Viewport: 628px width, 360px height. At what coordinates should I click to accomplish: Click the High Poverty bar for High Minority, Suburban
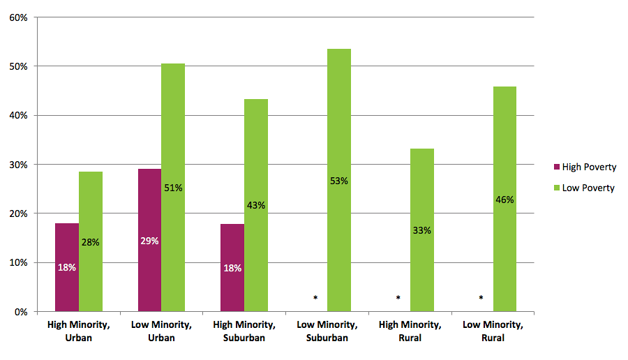click(232, 268)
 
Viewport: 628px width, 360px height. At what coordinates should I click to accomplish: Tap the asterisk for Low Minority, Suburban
click(315, 298)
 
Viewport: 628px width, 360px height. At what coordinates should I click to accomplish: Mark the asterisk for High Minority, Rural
click(398, 298)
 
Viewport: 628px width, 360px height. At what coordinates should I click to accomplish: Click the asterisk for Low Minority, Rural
click(481, 298)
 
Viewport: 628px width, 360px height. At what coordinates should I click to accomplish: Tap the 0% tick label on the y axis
click(20, 312)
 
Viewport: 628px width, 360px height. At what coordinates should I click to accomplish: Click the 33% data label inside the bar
click(422, 230)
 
